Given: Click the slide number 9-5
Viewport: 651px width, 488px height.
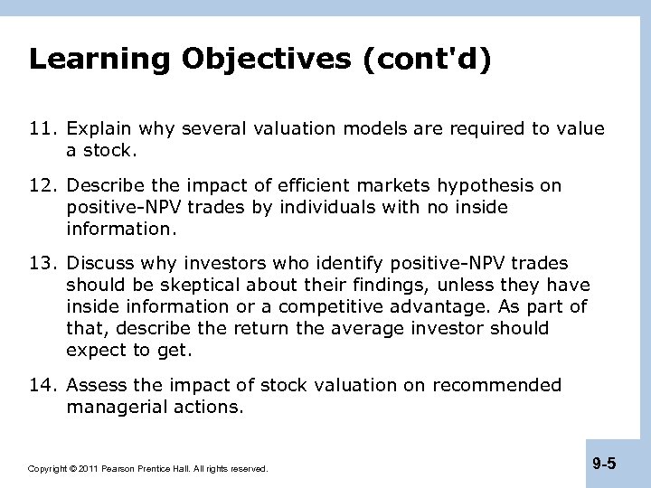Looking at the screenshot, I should (604, 464).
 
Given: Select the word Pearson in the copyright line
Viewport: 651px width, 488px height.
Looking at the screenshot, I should (121, 469).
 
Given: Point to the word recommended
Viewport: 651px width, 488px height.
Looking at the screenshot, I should (496, 386).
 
